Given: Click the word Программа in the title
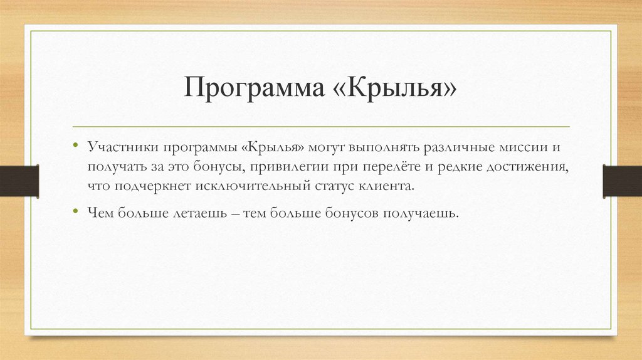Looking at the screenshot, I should coord(250,88).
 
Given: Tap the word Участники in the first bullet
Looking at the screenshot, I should coord(122,147).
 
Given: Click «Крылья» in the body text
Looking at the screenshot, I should coord(272,147).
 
